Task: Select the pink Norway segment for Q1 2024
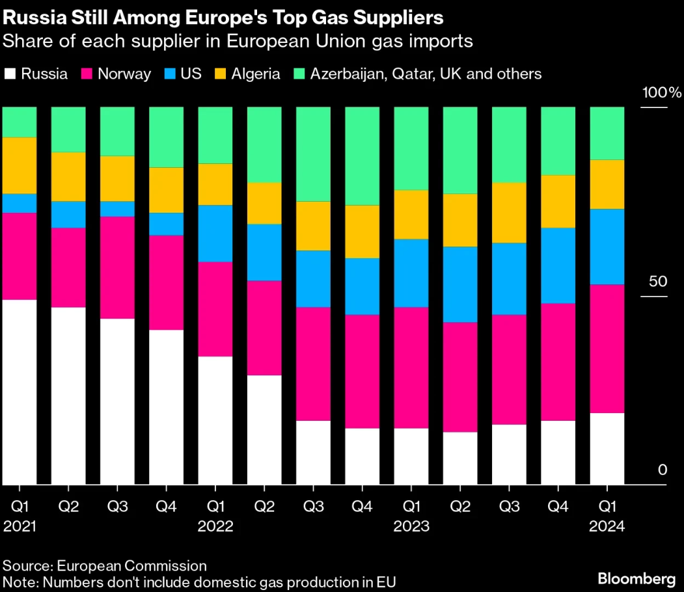pos(607,349)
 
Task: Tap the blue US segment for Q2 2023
pos(460,284)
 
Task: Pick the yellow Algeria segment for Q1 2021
pos(20,165)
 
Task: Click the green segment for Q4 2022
pos(362,156)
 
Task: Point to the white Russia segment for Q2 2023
pos(460,458)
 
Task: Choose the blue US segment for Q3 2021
pos(117,208)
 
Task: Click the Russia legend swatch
pos(10,74)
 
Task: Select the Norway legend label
pos(124,74)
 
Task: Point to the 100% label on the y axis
pos(661,92)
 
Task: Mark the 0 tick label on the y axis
pos(663,470)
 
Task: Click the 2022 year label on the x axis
pos(215,526)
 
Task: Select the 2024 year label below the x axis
pos(607,526)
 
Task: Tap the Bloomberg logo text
pos(636,578)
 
